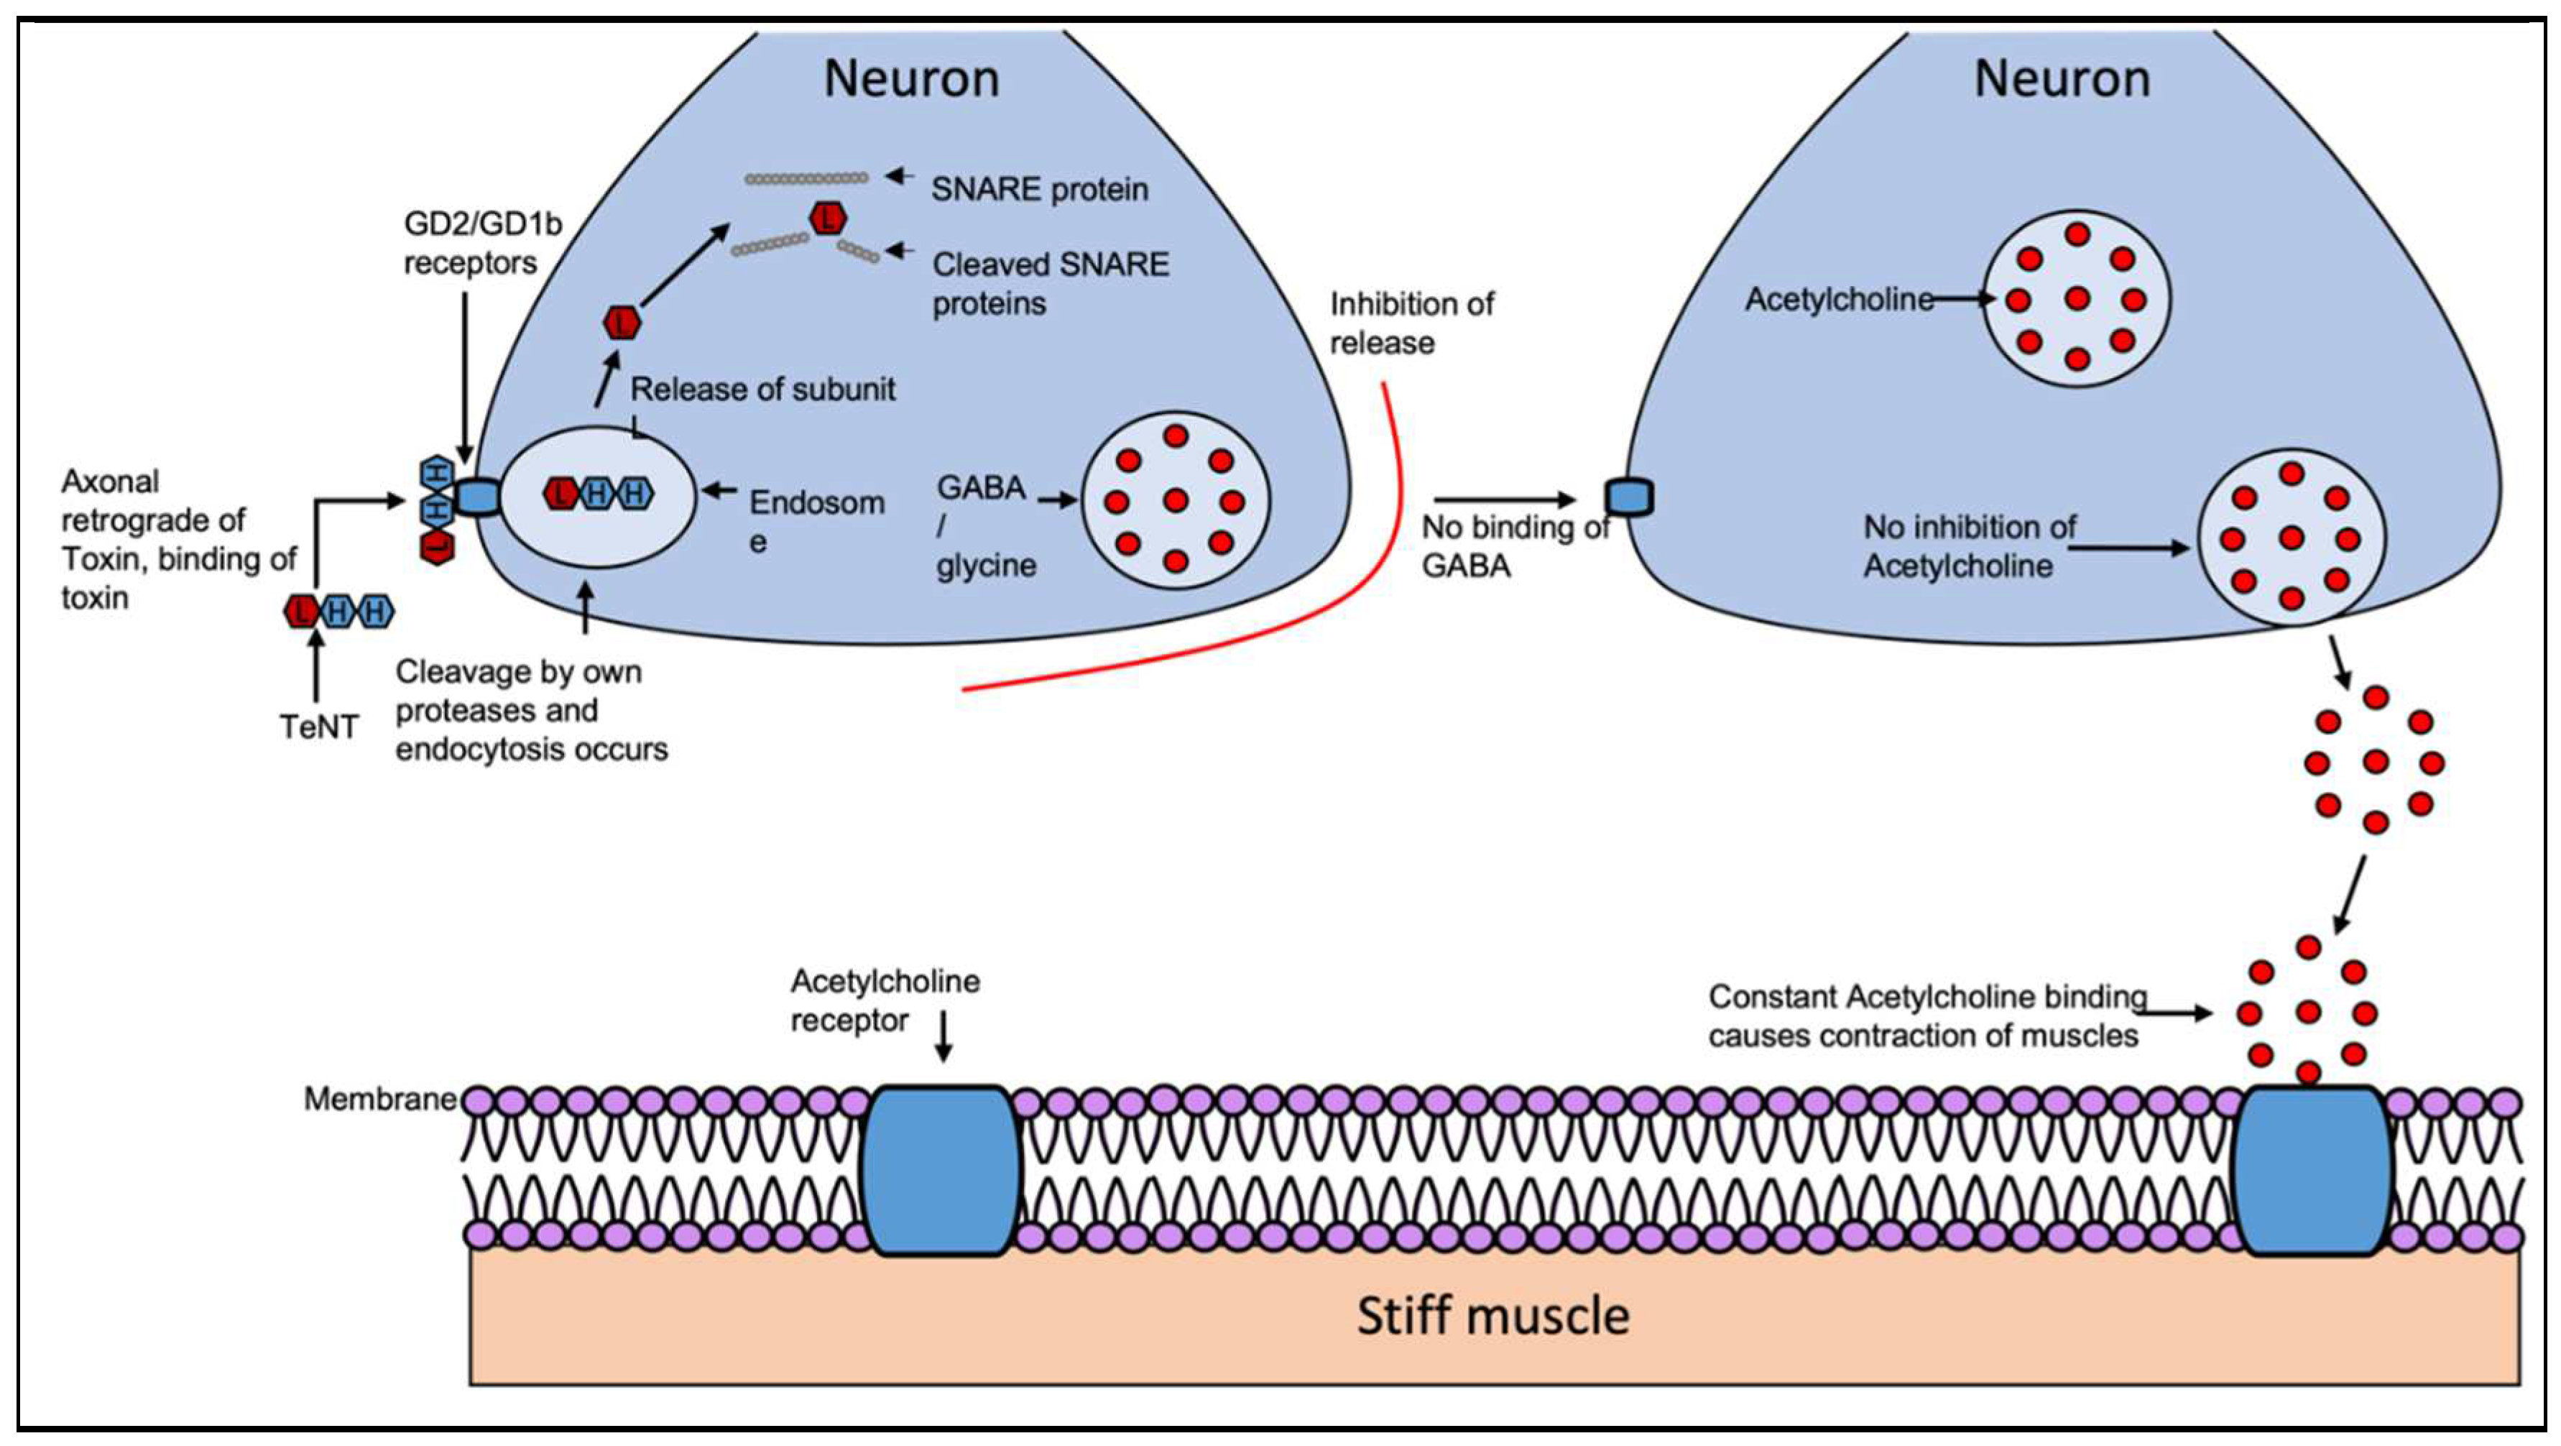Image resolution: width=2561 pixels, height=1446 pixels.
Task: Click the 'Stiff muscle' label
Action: tap(1492, 1316)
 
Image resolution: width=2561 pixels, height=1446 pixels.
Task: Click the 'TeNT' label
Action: tap(318, 727)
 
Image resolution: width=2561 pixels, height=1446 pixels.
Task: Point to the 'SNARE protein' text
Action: tap(1039, 189)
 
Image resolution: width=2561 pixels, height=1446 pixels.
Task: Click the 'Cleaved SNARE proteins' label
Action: tap(1050, 283)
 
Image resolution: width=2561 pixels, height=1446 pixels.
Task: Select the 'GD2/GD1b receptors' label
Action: tap(481, 243)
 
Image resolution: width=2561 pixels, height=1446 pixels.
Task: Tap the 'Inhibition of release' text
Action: tap(1411, 323)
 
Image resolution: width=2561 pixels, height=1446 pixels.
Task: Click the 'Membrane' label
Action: tap(380, 1099)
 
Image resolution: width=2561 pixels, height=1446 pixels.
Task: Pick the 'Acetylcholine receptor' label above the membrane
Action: tap(884, 1000)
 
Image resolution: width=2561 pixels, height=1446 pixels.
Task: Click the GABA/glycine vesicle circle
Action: tap(1175, 499)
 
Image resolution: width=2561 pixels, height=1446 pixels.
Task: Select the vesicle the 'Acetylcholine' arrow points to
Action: tap(2076, 298)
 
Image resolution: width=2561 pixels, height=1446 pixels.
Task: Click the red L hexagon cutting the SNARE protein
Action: tap(827, 218)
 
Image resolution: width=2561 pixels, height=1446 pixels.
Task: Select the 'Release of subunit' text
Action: tap(762, 389)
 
